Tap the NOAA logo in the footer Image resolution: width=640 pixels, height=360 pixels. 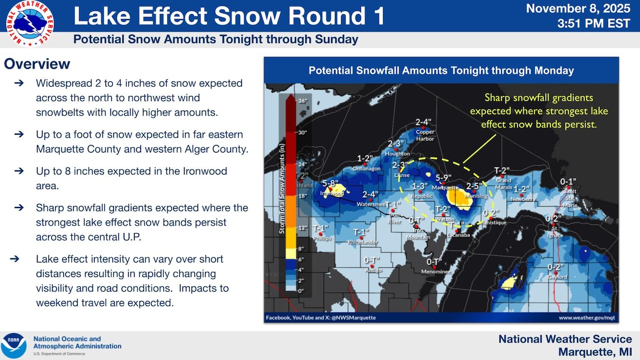[x=13, y=345]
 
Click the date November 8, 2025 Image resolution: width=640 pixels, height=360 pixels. [x=579, y=8]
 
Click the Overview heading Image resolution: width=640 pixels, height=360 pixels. [x=37, y=64]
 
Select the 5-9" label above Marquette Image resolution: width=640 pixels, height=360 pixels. [x=443, y=178]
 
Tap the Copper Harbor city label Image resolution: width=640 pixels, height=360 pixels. [x=425, y=135]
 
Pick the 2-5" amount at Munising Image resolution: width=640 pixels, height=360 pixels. [x=474, y=186]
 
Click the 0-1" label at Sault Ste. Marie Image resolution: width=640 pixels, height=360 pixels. [x=568, y=181]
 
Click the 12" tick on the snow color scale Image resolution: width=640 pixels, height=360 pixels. [x=301, y=228]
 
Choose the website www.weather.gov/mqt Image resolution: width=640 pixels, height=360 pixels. [x=586, y=317]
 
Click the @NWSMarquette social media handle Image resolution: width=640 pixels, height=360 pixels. [x=352, y=317]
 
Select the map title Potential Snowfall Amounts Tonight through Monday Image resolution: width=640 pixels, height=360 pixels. [x=441, y=70]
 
